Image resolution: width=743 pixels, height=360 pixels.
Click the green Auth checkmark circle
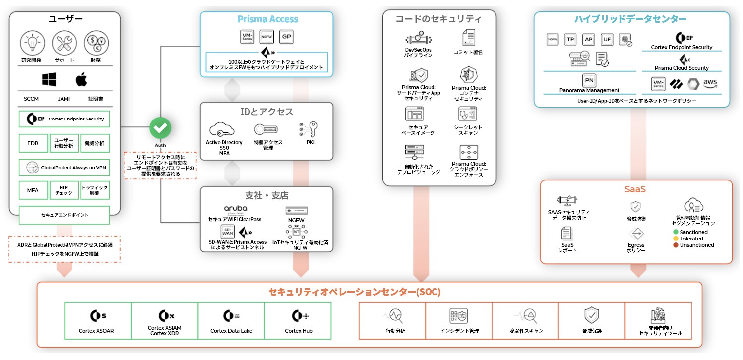coord(160,128)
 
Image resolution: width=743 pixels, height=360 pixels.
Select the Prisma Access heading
coord(267,19)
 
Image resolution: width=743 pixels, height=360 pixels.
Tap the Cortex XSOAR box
coord(98,321)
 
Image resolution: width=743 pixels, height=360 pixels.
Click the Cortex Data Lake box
coord(231,321)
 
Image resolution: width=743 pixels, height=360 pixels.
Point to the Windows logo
coord(49,79)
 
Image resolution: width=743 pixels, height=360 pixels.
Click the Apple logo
coord(81,79)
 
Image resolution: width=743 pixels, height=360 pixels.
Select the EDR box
coord(33,143)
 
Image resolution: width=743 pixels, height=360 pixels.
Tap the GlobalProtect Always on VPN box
coord(64,168)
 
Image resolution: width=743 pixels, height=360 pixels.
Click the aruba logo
coord(235,209)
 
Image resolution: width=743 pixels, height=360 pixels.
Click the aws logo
coord(710,84)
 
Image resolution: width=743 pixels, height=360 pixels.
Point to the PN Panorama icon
coord(589,80)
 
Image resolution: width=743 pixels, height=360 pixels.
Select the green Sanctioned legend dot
coord(676,232)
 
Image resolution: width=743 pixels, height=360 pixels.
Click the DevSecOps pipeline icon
coord(418,39)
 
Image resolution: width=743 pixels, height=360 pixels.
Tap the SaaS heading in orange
coord(635,189)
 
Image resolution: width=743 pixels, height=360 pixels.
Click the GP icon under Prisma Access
coord(286,36)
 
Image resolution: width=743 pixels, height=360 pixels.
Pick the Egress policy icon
coord(636,234)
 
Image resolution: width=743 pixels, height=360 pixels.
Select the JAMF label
coord(64,99)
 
